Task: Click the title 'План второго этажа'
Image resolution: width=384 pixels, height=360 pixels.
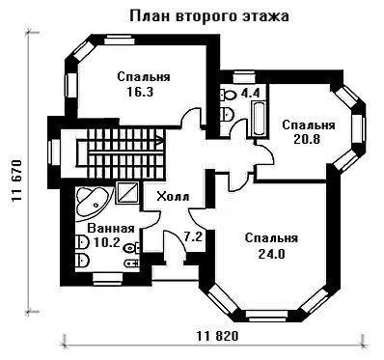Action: coord(209,16)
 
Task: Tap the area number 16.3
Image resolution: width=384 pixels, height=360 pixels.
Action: coord(140,92)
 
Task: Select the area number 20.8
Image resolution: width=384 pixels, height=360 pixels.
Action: coord(307,140)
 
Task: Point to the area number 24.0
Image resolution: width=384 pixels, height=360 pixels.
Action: coord(272,254)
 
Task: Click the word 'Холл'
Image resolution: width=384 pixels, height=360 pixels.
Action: coord(173,196)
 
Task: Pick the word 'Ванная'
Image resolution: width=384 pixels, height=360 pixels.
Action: coord(111,229)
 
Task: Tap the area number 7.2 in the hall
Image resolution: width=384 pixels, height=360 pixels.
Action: coord(193,237)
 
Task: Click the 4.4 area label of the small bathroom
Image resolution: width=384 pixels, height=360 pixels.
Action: coord(250,94)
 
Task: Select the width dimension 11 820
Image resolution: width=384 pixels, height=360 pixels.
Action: coord(218,336)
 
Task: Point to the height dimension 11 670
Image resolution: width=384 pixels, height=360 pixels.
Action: coord(16,180)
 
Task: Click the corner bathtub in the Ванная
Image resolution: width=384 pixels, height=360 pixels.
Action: coord(94,202)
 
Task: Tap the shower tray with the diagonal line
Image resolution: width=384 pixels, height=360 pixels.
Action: coord(126,192)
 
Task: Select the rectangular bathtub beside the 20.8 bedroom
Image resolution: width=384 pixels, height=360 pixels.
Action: coord(259,119)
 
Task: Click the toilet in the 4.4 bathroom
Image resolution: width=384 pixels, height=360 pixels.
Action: coord(229,95)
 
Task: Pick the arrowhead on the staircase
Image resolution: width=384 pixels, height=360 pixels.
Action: coord(160,140)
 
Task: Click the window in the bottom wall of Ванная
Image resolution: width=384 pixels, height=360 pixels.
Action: coord(107,279)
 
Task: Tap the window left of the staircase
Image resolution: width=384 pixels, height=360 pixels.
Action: coord(54,152)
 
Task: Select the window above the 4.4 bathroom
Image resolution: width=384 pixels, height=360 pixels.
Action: coord(243,77)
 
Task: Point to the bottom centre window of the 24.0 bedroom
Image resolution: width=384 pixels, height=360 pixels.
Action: coord(266,316)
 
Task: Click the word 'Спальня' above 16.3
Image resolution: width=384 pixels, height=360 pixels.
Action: coord(144,77)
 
